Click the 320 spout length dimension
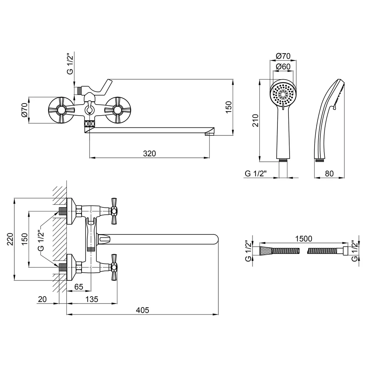pyautogui.click(x=149, y=153)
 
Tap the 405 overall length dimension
pyautogui.click(x=142, y=310)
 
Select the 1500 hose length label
pyautogui.click(x=304, y=239)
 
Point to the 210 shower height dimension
pyautogui.click(x=255, y=120)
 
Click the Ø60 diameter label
pyautogui.click(x=283, y=67)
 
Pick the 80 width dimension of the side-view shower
pyautogui.click(x=329, y=174)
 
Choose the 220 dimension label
pyautogui.click(x=10, y=239)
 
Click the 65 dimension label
pyautogui.click(x=79, y=287)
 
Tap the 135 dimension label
pyautogui.click(x=92, y=299)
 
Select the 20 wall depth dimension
pyautogui.click(x=42, y=299)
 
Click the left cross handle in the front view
pyautogui.click(x=61, y=110)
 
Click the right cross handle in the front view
pyautogui.click(x=118, y=110)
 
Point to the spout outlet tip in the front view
pyautogui.click(x=210, y=134)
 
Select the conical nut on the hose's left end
pyautogui.click(x=265, y=251)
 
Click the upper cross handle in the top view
pyautogui.click(x=114, y=211)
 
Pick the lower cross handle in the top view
pyautogui.click(x=114, y=267)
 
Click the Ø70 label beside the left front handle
pyautogui.click(x=25, y=110)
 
